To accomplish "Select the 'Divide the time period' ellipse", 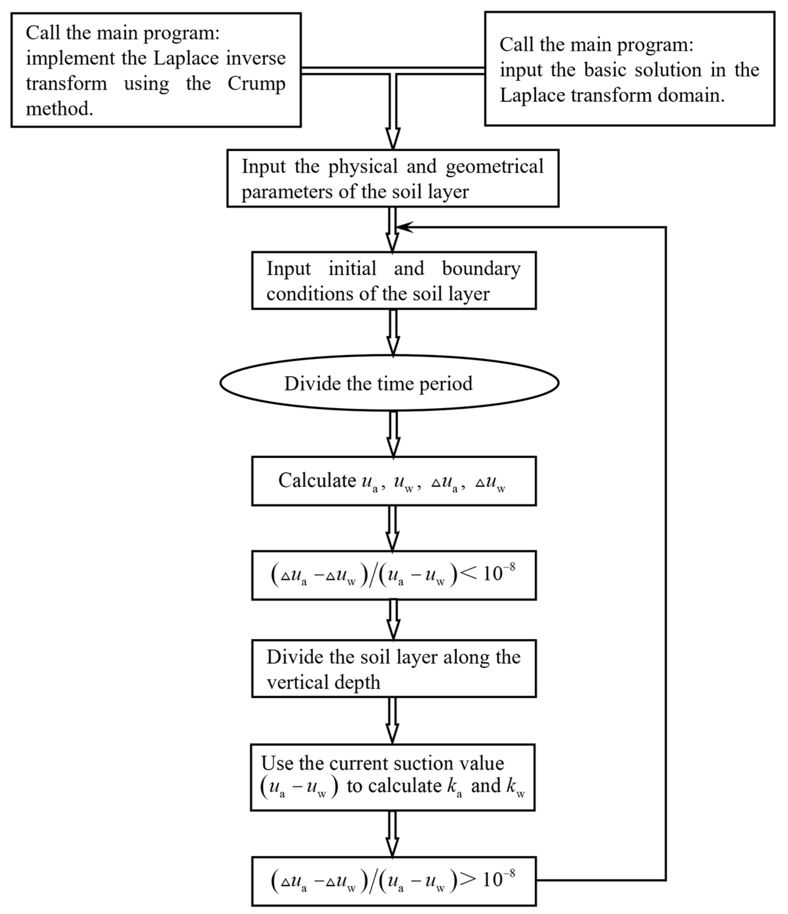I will tap(389, 383).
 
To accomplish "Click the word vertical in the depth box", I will tap(294, 683).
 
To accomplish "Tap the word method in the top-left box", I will tap(59, 109).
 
